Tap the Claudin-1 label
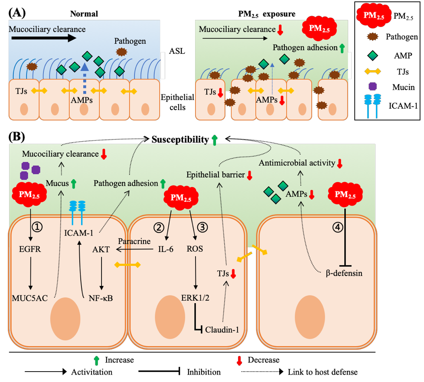222,330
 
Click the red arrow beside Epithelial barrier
249,175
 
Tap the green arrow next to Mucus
73,184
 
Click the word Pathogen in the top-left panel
130,42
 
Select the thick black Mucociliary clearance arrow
43,38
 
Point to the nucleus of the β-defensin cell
310,316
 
